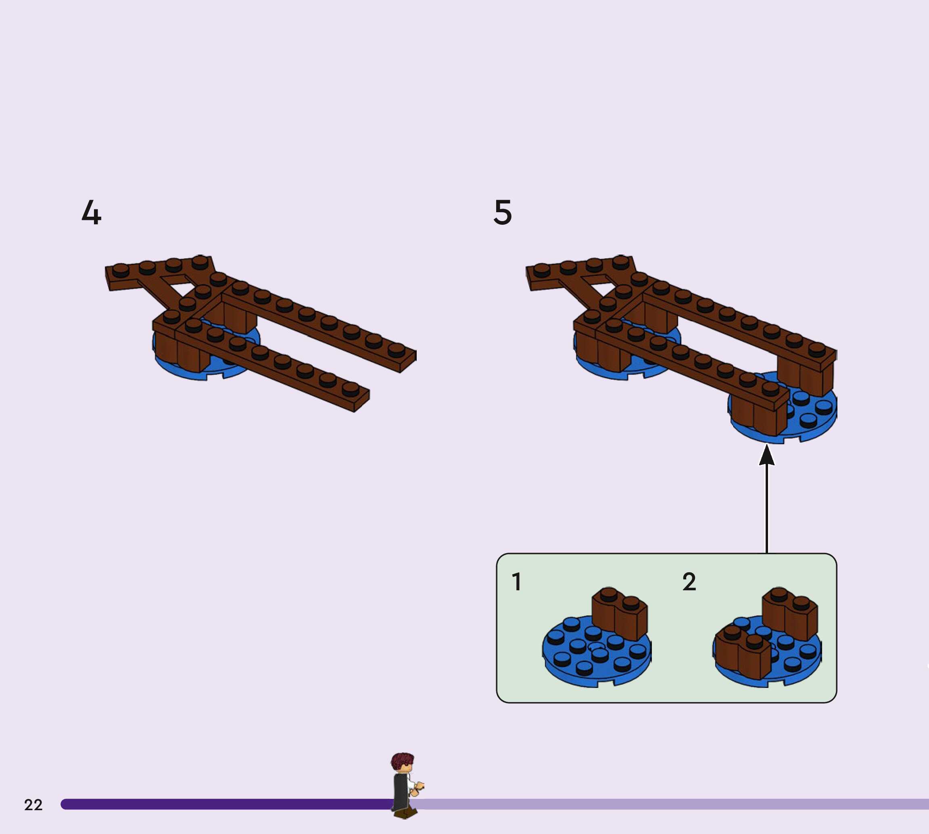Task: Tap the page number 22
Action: click(33, 805)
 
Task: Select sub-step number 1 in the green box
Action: click(517, 581)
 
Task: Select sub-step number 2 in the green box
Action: click(689, 581)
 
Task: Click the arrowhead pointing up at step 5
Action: click(767, 456)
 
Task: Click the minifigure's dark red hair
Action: click(402, 760)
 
